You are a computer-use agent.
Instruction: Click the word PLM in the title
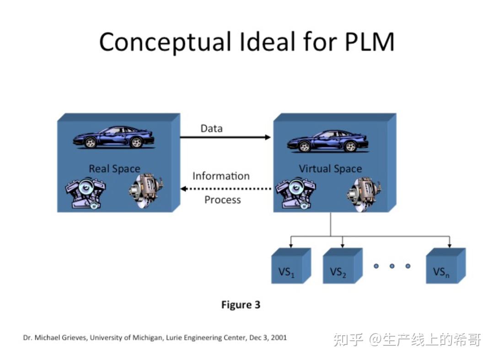pos(370,42)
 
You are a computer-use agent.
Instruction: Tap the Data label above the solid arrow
pos(211,129)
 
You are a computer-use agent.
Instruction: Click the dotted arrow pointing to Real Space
pos(225,188)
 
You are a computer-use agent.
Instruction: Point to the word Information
pos(221,176)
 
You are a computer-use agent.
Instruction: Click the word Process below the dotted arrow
pos(222,200)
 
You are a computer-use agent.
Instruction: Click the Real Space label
pos(114,169)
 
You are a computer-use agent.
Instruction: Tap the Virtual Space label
pos(330,169)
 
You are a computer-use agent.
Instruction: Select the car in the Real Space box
pos(114,137)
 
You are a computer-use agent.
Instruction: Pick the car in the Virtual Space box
pos(328,141)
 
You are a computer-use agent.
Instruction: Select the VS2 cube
pos(341,268)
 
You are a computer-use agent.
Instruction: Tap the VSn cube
pos(444,268)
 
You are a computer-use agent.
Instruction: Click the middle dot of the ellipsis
pos(392,266)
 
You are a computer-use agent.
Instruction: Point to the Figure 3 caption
pos(241,305)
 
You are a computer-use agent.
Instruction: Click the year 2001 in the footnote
pos(278,338)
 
